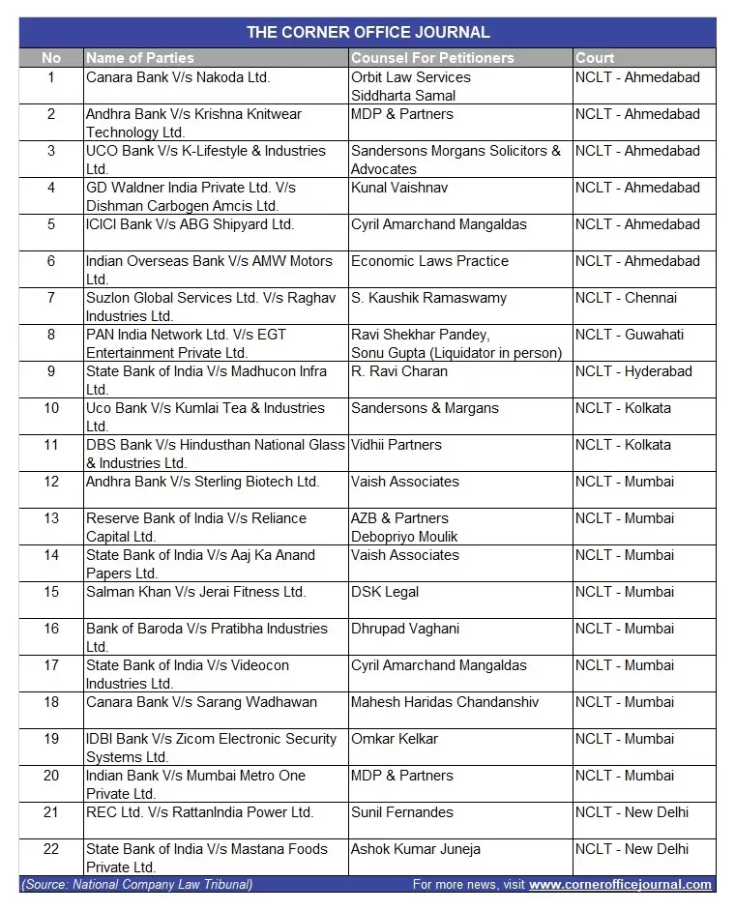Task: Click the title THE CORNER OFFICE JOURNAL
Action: (367, 32)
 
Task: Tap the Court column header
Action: (595, 58)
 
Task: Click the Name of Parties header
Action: (140, 58)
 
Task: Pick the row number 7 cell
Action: (51, 298)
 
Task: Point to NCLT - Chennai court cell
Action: (626, 298)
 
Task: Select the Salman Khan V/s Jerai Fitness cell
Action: (195, 592)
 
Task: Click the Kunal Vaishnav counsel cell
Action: (399, 188)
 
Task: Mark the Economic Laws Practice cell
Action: (429, 261)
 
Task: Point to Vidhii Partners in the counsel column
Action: (397, 445)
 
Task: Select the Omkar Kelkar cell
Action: (395, 739)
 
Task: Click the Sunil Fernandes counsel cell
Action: (401, 812)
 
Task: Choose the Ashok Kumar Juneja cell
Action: (416, 849)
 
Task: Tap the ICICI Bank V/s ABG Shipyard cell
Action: (190, 224)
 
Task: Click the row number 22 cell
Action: (51, 849)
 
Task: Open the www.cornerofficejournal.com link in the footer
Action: (620, 884)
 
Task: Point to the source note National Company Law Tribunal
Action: (136, 884)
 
